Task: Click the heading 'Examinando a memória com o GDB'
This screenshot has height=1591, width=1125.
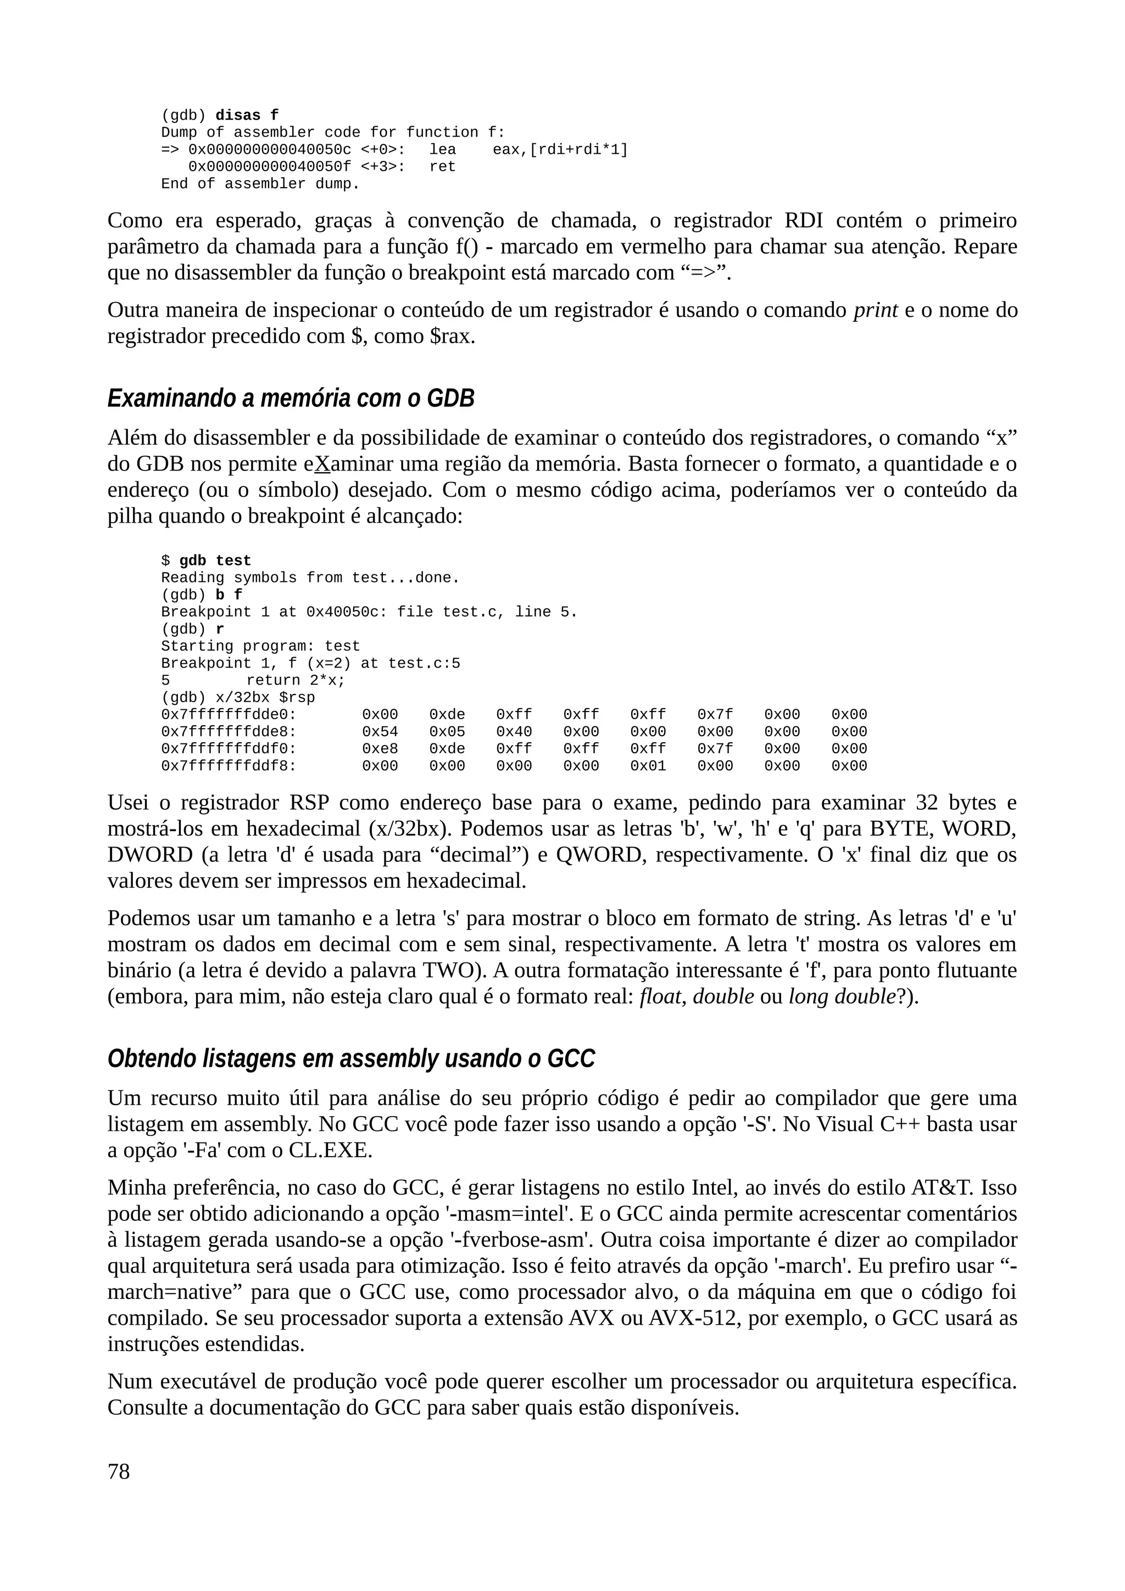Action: (x=291, y=399)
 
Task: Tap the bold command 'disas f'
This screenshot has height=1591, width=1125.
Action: (x=247, y=115)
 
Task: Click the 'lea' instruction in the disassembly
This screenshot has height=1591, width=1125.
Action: (x=442, y=150)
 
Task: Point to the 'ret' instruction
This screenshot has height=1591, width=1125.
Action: (x=442, y=167)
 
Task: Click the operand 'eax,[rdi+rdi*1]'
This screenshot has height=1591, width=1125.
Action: (x=560, y=150)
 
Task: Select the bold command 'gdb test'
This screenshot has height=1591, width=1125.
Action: (x=215, y=561)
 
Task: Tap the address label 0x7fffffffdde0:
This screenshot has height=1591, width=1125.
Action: (x=229, y=714)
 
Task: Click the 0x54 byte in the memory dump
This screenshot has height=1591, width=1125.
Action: (x=380, y=732)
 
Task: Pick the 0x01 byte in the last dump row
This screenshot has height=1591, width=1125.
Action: (x=648, y=766)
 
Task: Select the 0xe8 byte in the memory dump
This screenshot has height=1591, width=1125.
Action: (x=380, y=748)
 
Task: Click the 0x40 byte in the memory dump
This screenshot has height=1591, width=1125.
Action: (x=514, y=732)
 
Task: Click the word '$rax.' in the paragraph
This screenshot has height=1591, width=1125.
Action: (x=452, y=337)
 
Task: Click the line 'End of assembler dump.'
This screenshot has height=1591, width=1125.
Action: (x=260, y=183)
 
